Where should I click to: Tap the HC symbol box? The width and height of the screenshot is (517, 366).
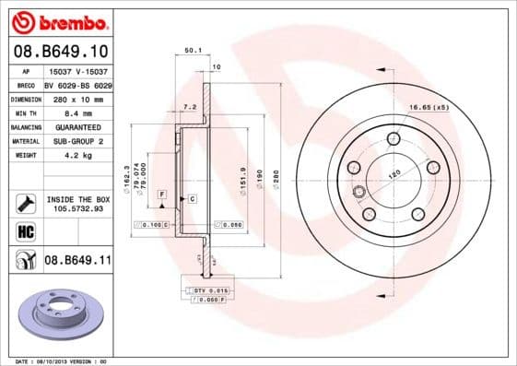(25, 230)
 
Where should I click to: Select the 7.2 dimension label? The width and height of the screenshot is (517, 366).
(190, 107)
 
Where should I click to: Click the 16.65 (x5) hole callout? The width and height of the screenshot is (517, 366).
(455, 108)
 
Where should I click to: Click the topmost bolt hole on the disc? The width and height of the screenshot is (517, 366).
(394, 139)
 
